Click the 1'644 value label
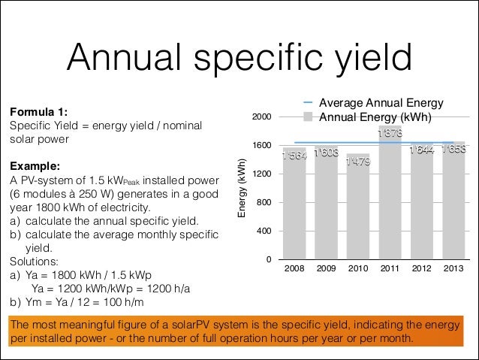[x=421, y=151]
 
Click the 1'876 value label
[x=389, y=134]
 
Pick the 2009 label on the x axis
[x=326, y=269]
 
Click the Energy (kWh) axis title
[x=242, y=189]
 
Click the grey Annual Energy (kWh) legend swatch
[x=309, y=117]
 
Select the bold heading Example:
[x=34, y=165]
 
